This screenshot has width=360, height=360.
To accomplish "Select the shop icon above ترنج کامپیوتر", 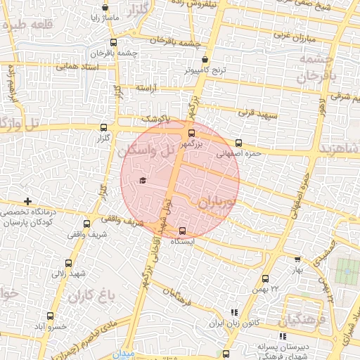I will tap(205, 60).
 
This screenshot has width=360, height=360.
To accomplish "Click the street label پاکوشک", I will tap(156, 119).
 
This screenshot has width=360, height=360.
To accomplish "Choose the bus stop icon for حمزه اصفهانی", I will tap(238, 142).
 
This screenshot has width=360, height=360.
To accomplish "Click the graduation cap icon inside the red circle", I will tap(143, 181).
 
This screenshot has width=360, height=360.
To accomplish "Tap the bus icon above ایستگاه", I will tap(184, 230).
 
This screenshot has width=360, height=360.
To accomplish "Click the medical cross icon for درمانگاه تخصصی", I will tap(27, 202).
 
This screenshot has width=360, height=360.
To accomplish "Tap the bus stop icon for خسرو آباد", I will tap(49, 316).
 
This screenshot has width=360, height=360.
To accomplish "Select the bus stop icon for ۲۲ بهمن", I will tap(265, 278).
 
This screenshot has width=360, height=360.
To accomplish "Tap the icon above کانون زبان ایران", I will tap(234, 312).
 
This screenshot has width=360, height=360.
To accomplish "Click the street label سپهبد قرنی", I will tap(258, 112).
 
